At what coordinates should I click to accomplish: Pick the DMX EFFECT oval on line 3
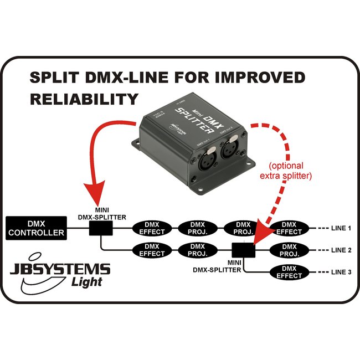pos(289,271)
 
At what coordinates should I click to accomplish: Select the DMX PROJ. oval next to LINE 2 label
pos(289,250)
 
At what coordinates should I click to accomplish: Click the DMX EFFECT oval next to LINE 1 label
pos(289,228)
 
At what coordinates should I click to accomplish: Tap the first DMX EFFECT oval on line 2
pos(152,250)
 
